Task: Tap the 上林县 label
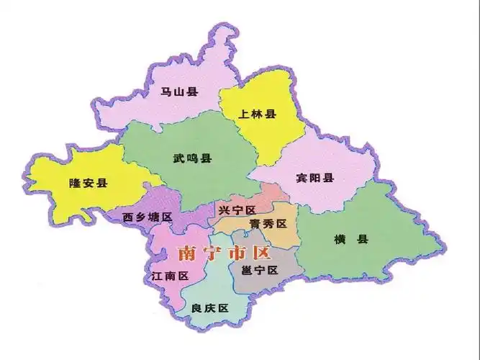pos(258,114)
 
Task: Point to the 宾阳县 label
pos(315,178)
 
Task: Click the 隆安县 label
pos(88,183)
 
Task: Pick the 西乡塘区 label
pos(147,217)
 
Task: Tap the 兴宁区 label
pos(237,210)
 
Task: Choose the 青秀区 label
pos(268,224)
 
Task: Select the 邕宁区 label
pos(260,271)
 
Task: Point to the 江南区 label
pos(170,276)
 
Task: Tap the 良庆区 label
pos(209,308)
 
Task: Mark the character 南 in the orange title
pos(186,253)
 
